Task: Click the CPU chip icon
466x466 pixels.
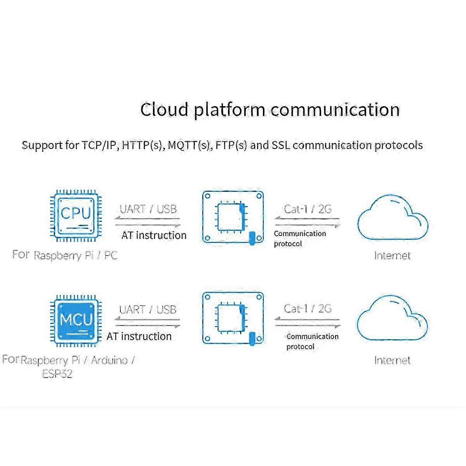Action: (x=76, y=216)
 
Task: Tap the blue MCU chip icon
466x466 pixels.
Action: (x=76, y=321)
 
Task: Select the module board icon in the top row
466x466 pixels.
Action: (x=233, y=217)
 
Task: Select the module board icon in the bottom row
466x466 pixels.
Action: (x=233, y=318)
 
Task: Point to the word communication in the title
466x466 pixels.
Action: (x=335, y=110)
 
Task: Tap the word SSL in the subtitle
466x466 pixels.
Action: (x=281, y=145)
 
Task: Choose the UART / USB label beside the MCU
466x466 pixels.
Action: (x=148, y=310)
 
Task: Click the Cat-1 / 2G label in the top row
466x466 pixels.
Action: (x=308, y=209)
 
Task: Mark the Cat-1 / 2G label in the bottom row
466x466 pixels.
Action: (x=308, y=309)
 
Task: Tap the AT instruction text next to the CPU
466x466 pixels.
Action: (x=154, y=235)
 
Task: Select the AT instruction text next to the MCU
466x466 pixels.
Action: (x=139, y=336)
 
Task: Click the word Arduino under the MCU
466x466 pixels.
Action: (x=109, y=360)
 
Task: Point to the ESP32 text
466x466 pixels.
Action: (x=57, y=374)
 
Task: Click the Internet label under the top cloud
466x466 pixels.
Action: (x=392, y=256)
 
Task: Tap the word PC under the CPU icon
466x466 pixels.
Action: (x=110, y=256)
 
